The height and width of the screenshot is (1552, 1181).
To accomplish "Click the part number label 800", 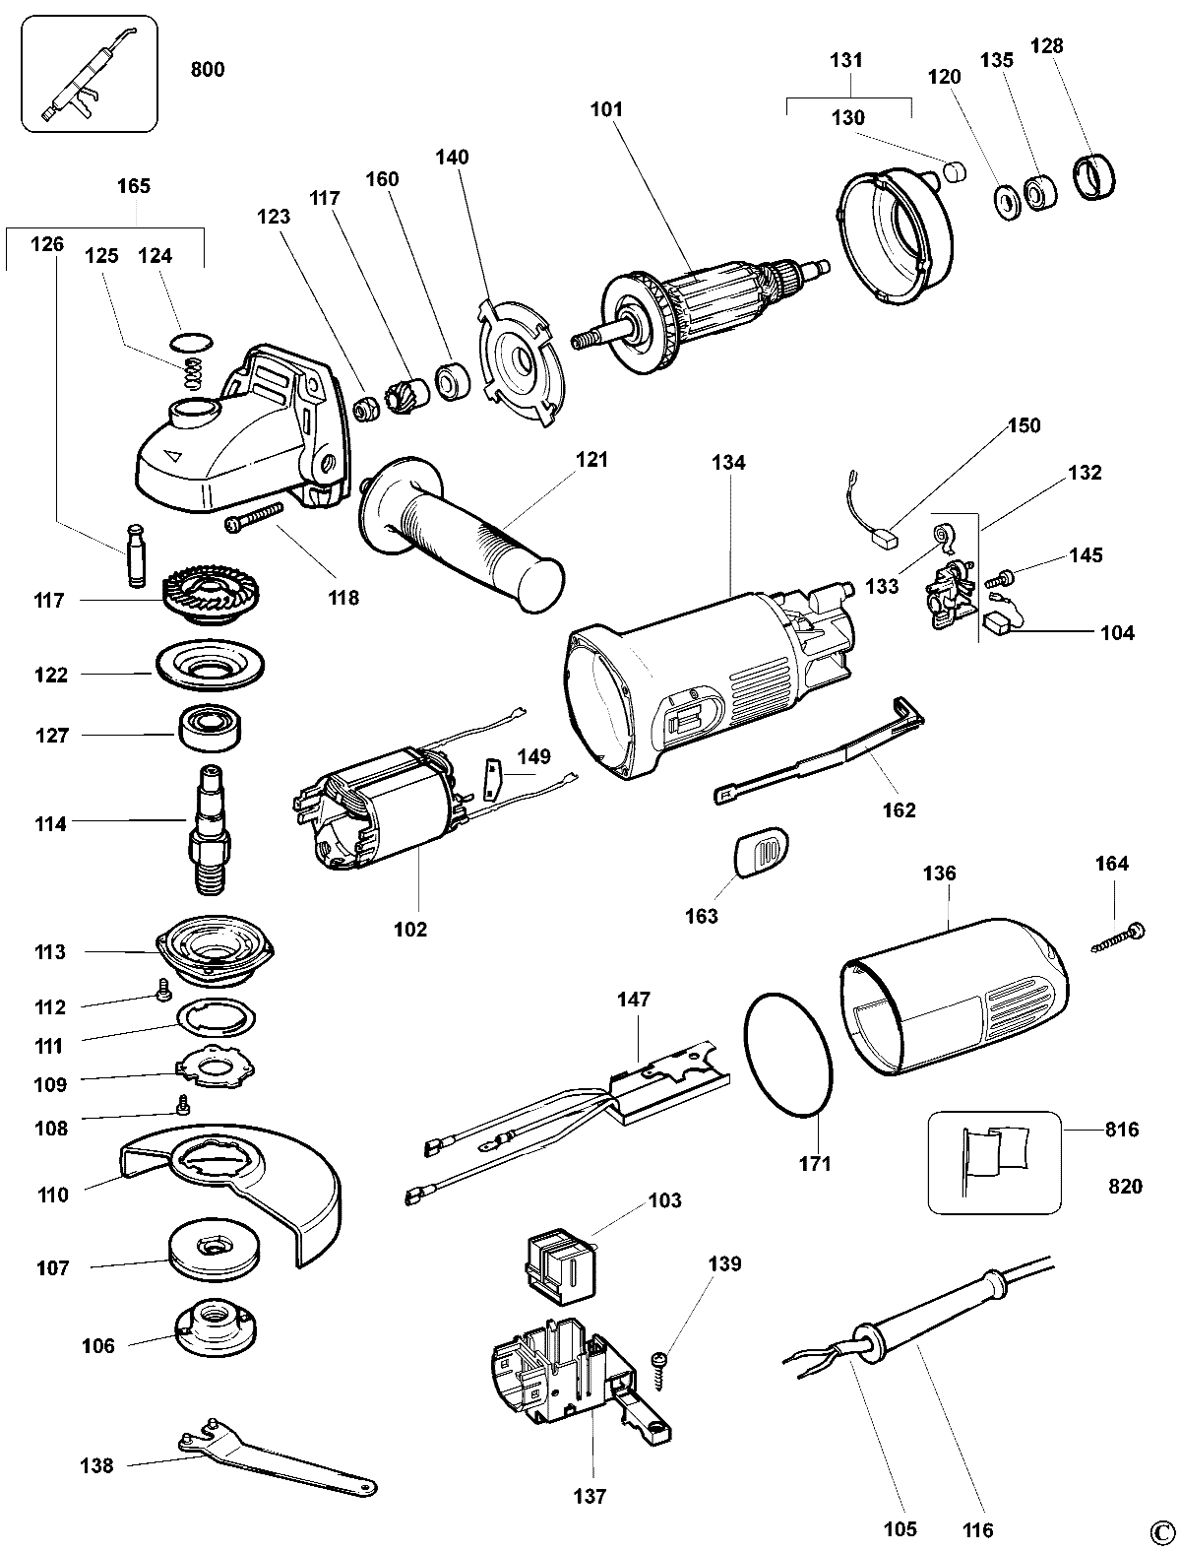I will (x=207, y=70).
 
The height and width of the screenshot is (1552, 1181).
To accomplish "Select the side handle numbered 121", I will (x=463, y=532).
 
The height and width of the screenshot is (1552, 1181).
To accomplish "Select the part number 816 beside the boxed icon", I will (x=1121, y=1130).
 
